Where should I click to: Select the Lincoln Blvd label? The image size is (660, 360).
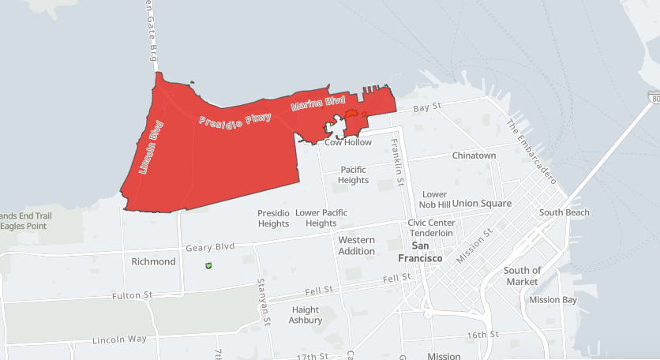coord(151,147)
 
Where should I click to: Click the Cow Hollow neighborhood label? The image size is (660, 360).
coord(347,143)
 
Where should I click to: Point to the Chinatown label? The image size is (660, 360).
coord(474,156)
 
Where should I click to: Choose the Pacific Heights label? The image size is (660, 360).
coord(354,174)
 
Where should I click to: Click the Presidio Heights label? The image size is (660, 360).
coord(273,218)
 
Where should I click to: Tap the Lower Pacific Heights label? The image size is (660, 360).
coord(321,218)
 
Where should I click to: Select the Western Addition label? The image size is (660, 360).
coord(357,245)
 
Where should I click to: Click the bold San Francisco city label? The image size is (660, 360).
coord(420,252)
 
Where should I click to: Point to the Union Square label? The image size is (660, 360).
coord(482,203)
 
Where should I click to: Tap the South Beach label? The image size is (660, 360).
coord(564,212)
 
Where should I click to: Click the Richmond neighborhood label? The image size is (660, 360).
coord(153,261)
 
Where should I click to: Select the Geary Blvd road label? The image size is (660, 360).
coord(210,248)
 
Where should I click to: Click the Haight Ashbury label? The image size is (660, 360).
coord(306,315)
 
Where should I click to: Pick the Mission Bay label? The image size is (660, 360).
coord(553,300)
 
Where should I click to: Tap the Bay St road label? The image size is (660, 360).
coord(426,107)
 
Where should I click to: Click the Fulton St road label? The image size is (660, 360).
coord(133,295)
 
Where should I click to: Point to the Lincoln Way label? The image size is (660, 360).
coord(119,339)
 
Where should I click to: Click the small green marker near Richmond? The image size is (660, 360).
coord(208,267)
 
